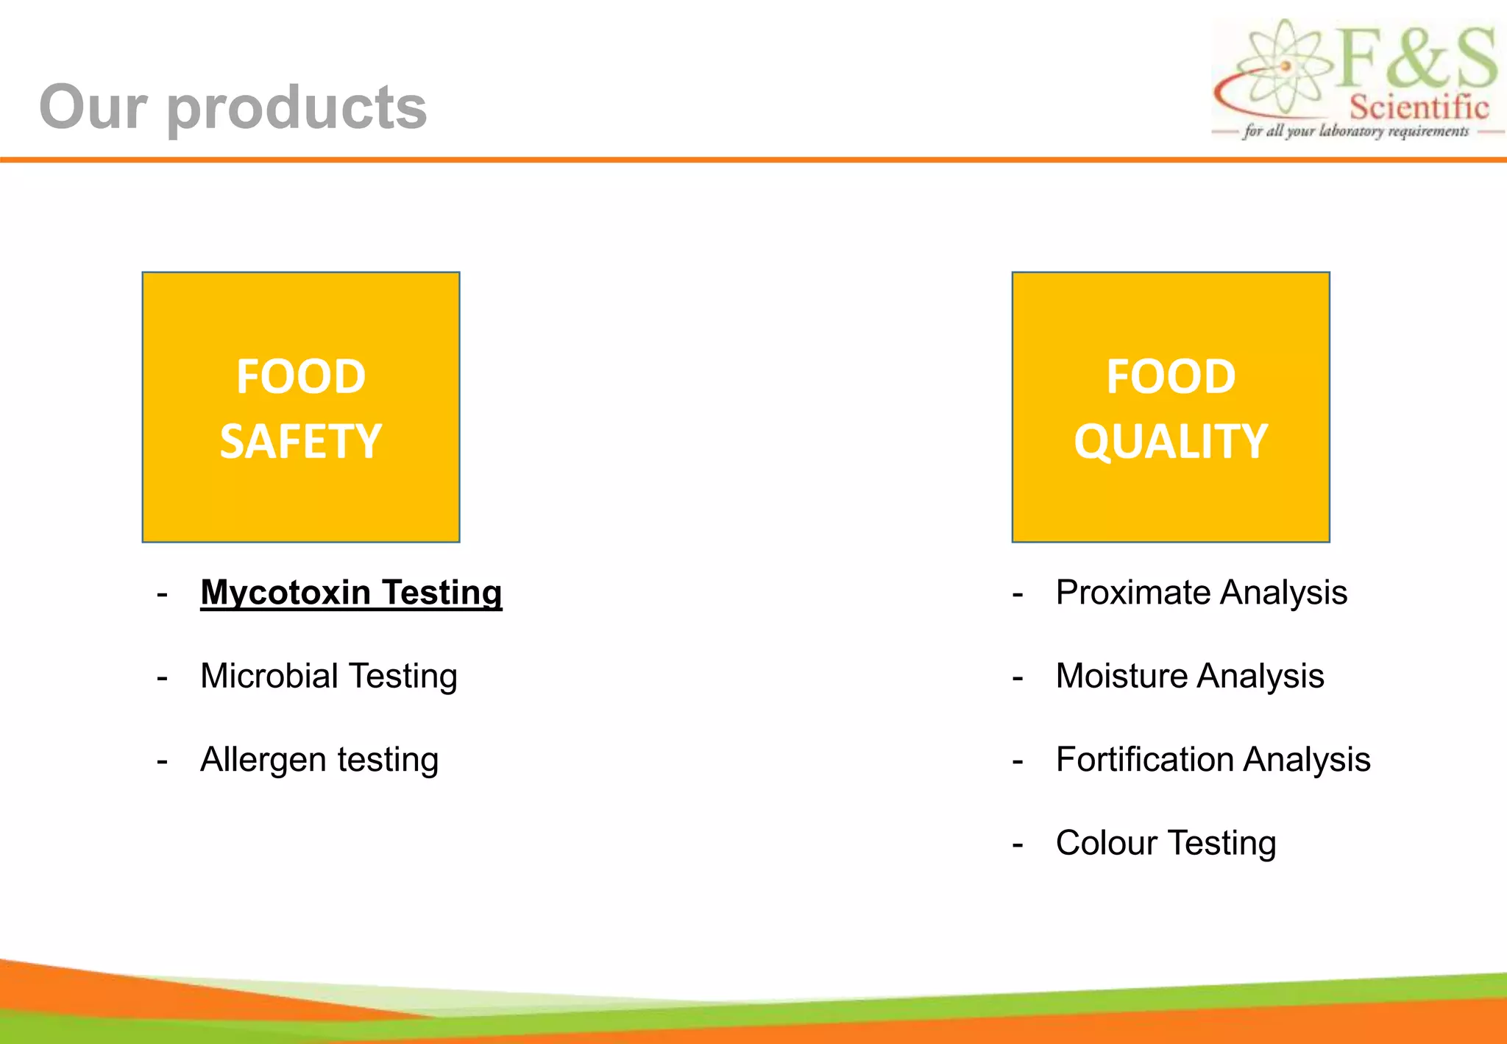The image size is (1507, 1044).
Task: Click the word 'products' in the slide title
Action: click(297, 108)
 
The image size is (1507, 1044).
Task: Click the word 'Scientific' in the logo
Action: click(1418, 107)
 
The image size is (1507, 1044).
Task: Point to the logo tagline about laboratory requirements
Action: click(1355, 131)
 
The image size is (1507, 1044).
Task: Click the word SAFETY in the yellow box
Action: click(300, 442)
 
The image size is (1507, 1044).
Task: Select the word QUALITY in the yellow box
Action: click(1170, 442)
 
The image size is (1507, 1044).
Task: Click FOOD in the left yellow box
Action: click(300, 377)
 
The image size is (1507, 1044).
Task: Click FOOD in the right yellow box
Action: click(1170, 377)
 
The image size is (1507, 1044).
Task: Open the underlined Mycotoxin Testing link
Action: click(351, 593)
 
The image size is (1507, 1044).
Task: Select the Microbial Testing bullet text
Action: click(328, 676)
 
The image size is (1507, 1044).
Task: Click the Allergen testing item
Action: click(319, 759)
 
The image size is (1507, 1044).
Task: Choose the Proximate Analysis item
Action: click(1201, 593)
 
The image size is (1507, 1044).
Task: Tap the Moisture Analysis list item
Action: click(1189, 676)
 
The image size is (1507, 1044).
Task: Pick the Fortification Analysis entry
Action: click(1213, 759)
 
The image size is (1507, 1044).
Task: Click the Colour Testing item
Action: click(1166, 843)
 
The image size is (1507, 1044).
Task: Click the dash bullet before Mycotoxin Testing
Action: click(163, 593)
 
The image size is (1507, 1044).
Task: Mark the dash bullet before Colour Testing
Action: click(1018, 844)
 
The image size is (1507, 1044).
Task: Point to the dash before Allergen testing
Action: click(163, 761)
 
